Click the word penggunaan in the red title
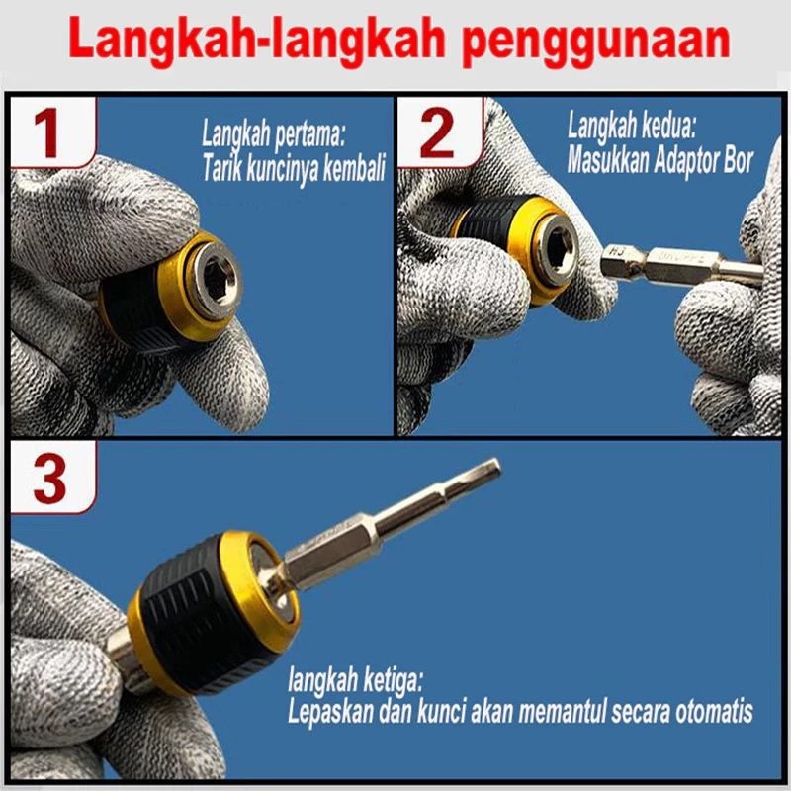tap(596, 41)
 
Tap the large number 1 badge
tap(51, 133)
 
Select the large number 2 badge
tap(438, 133)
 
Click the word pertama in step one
tap(309, 135)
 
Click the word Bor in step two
tap(738, 161)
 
